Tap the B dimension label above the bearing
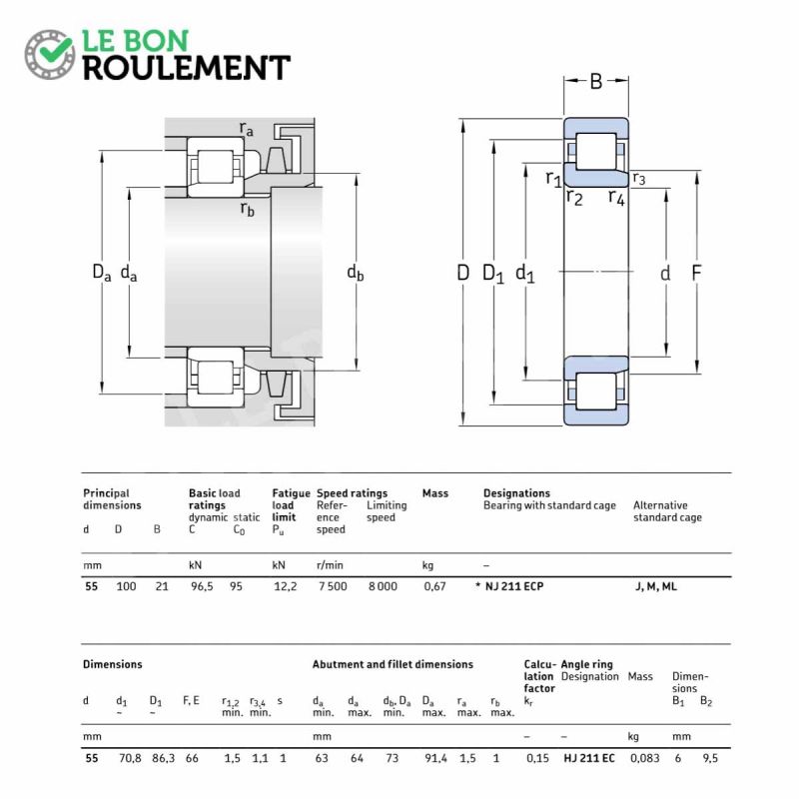click(x=596, y=82)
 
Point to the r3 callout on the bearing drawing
click(x=639, y=179)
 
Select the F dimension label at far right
click(x=697, y=273)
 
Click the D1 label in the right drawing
click(x=493, y=274)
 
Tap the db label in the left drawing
click(x=356, y=273)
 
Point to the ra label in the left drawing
click(x=246, y=129)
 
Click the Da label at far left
click(x=102, y=272)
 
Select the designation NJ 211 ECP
click(x=514, y=586)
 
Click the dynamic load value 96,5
click(x=203, y=586)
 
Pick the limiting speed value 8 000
click(x=382, y=586)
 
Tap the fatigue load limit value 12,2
click(x=285, y=586)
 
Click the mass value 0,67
click(x=434, y=586)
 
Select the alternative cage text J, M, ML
click(x=655, y=586)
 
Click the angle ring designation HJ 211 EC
click(x=588, y=758)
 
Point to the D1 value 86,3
click(x=163, y=758)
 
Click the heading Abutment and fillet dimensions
click(x=393, y=664)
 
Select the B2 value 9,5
click(x=709, y=758)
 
